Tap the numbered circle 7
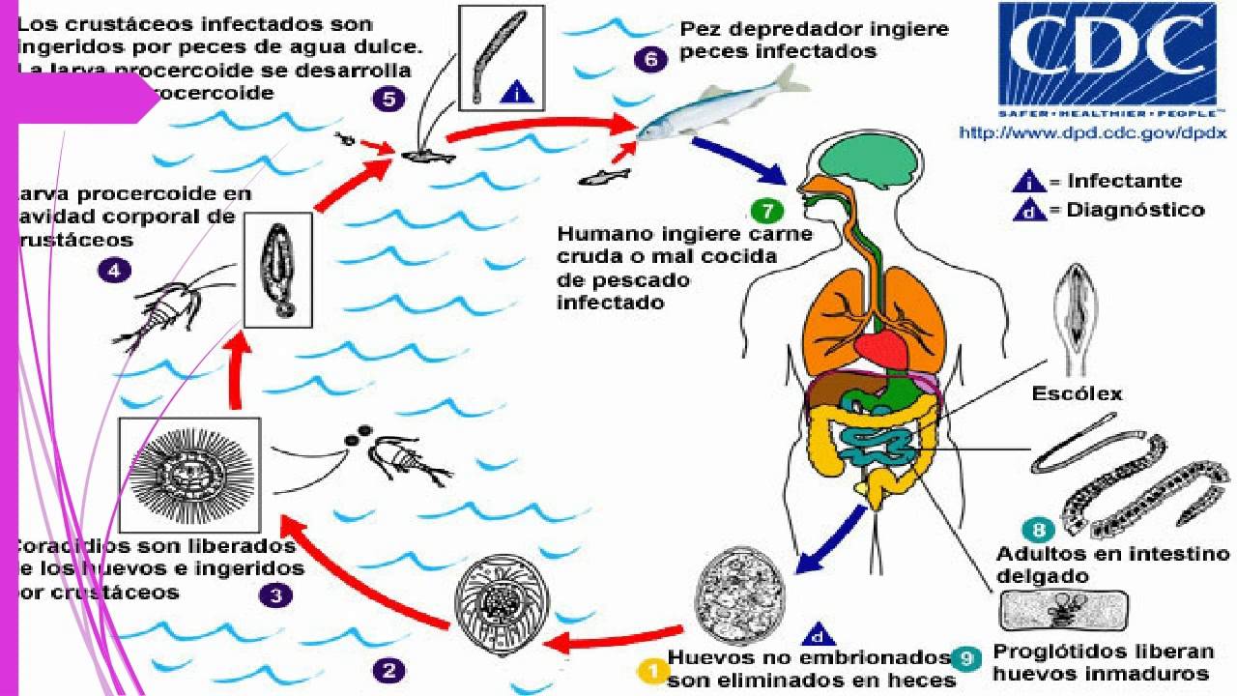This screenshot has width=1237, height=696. (x=764, y=210)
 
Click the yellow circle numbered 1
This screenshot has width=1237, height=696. (x=653, y=669)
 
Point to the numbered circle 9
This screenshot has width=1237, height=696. (x=964, y=660)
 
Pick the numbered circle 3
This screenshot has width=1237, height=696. (x=275, y=595)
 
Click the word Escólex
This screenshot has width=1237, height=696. (x=1078, y=393)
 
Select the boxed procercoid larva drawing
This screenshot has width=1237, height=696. (x=277, y=270)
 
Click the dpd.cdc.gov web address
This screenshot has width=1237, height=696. (x=1092, y=132)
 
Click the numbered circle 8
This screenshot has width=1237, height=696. (x=1038, y=530)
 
